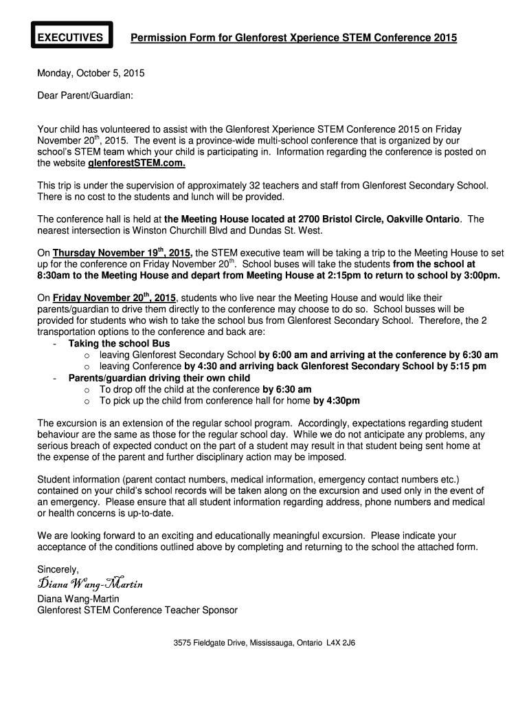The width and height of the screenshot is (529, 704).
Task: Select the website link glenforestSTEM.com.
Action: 137,164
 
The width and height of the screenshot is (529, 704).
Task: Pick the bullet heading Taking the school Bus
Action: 119,343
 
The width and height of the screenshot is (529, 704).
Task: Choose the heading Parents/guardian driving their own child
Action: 159,377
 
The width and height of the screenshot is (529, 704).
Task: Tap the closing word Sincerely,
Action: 58,569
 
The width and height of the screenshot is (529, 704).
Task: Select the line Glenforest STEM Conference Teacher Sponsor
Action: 137,610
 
